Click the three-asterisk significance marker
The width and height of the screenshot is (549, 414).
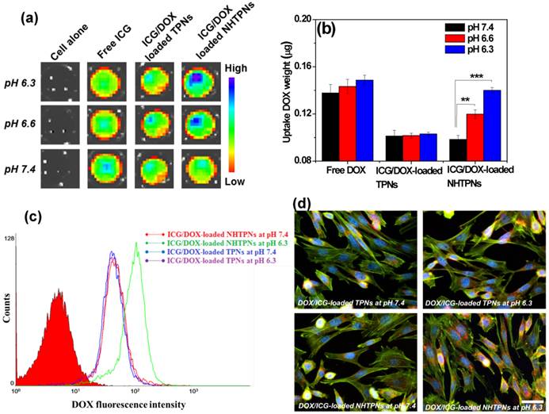[x=476, y=76]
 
